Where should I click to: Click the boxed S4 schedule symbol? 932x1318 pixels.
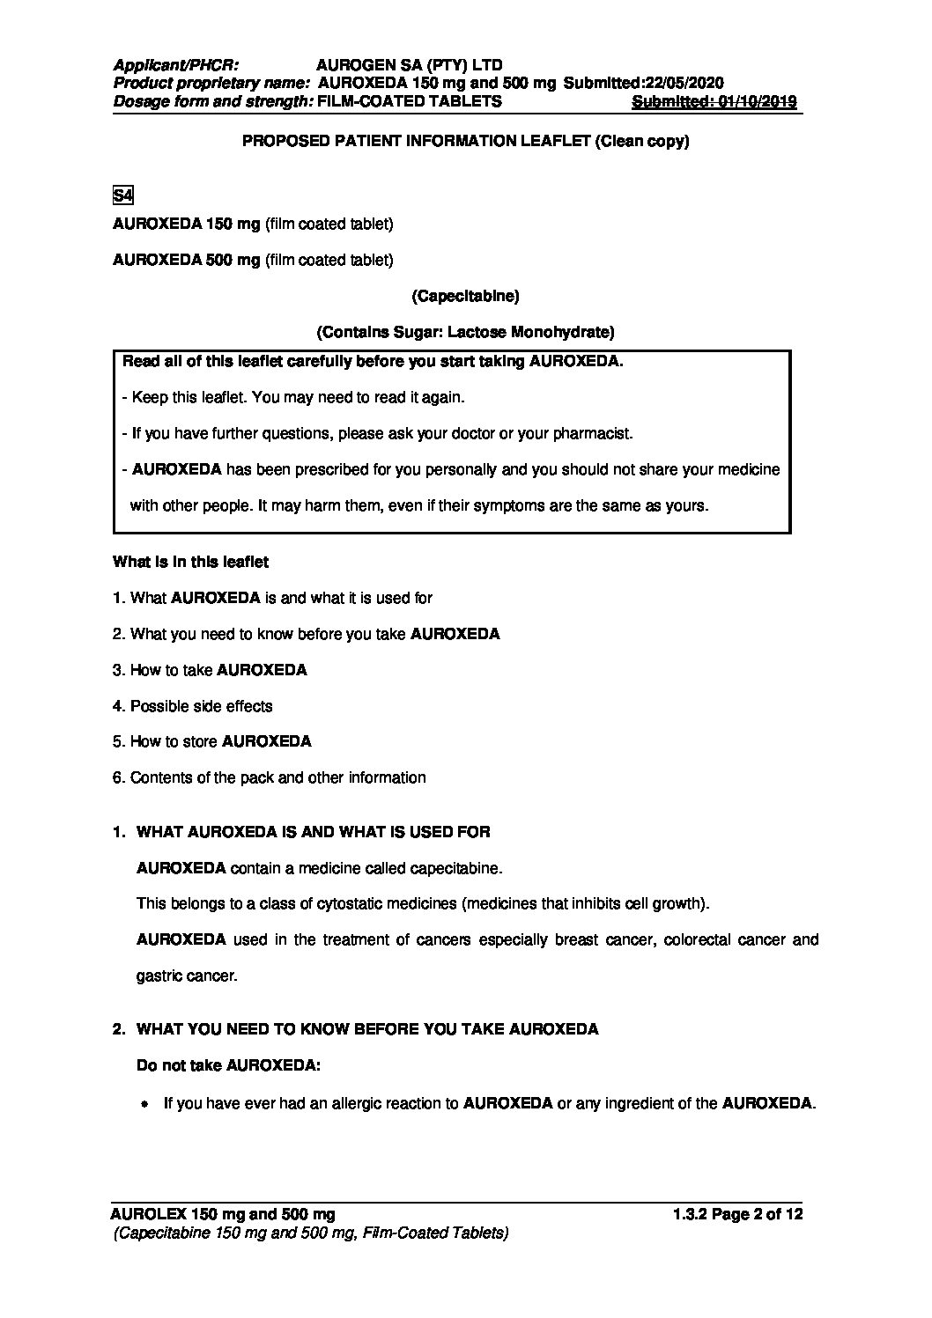pos(122,195)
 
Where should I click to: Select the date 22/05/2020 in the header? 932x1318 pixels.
pos(684,83)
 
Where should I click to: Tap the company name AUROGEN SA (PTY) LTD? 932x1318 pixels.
pos(409,65)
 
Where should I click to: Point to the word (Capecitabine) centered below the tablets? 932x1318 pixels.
pos(465,296)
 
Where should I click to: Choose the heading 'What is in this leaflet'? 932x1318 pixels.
pos(191,562)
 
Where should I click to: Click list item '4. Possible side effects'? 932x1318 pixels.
pos(193,706)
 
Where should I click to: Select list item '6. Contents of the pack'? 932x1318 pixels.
pos(269,777)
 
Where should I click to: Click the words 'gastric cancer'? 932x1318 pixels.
pos(187,976)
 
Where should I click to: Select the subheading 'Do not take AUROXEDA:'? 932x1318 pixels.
pos(229,1065)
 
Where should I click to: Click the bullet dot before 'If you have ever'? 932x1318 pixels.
pos(144,1103)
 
